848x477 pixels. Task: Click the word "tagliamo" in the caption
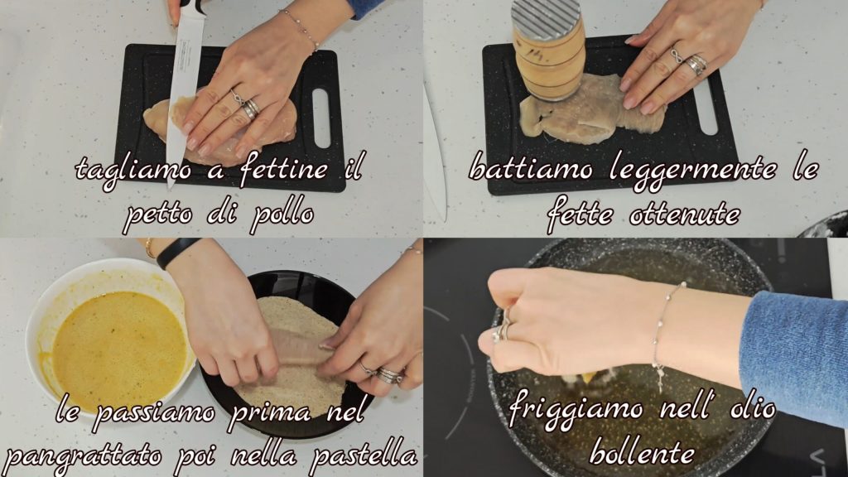(x=133, y=170)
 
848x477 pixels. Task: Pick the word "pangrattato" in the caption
(x=84, y=455)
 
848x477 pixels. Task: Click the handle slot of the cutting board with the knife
(x=321, y=118)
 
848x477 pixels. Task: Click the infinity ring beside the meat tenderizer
(x=677, y=55)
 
